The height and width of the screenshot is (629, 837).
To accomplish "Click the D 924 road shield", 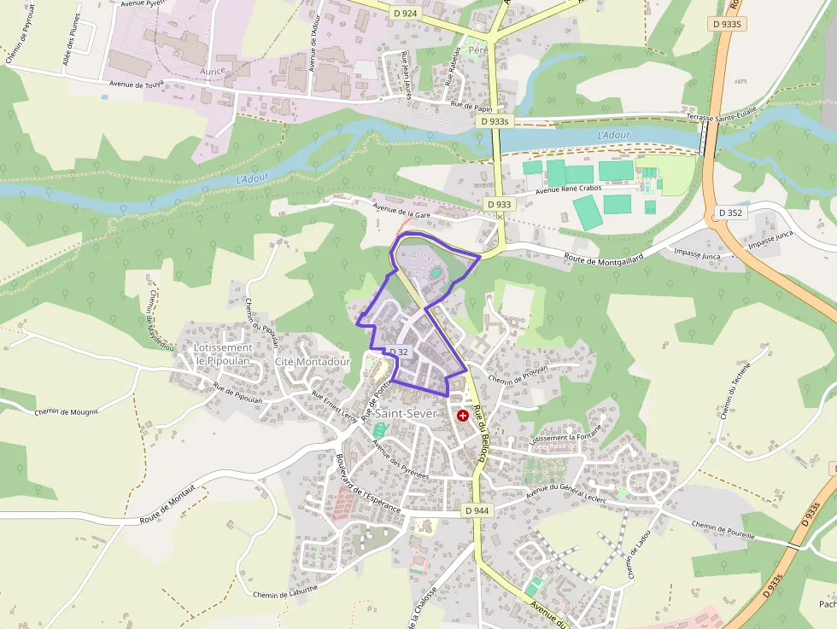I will click(406, 14).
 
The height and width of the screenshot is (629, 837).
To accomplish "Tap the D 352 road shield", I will click(730, 213).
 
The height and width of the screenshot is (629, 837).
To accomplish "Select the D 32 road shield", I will click(399, 352).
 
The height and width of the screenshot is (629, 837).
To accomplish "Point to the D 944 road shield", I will click(478, 510).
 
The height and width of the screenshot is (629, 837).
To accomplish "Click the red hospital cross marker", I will click(463, 415).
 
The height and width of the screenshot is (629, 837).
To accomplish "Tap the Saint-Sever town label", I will click(406, 413).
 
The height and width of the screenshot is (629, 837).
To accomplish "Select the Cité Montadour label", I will click(313, 362).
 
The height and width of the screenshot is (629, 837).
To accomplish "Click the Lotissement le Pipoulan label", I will click(223, 354).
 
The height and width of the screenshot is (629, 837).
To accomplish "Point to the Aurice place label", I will click(213, 71).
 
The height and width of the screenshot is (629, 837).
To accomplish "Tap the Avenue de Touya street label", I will click(137, 84).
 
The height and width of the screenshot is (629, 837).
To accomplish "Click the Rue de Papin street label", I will click(471, 108).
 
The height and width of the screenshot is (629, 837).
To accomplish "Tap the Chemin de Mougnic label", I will click(67, 411).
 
